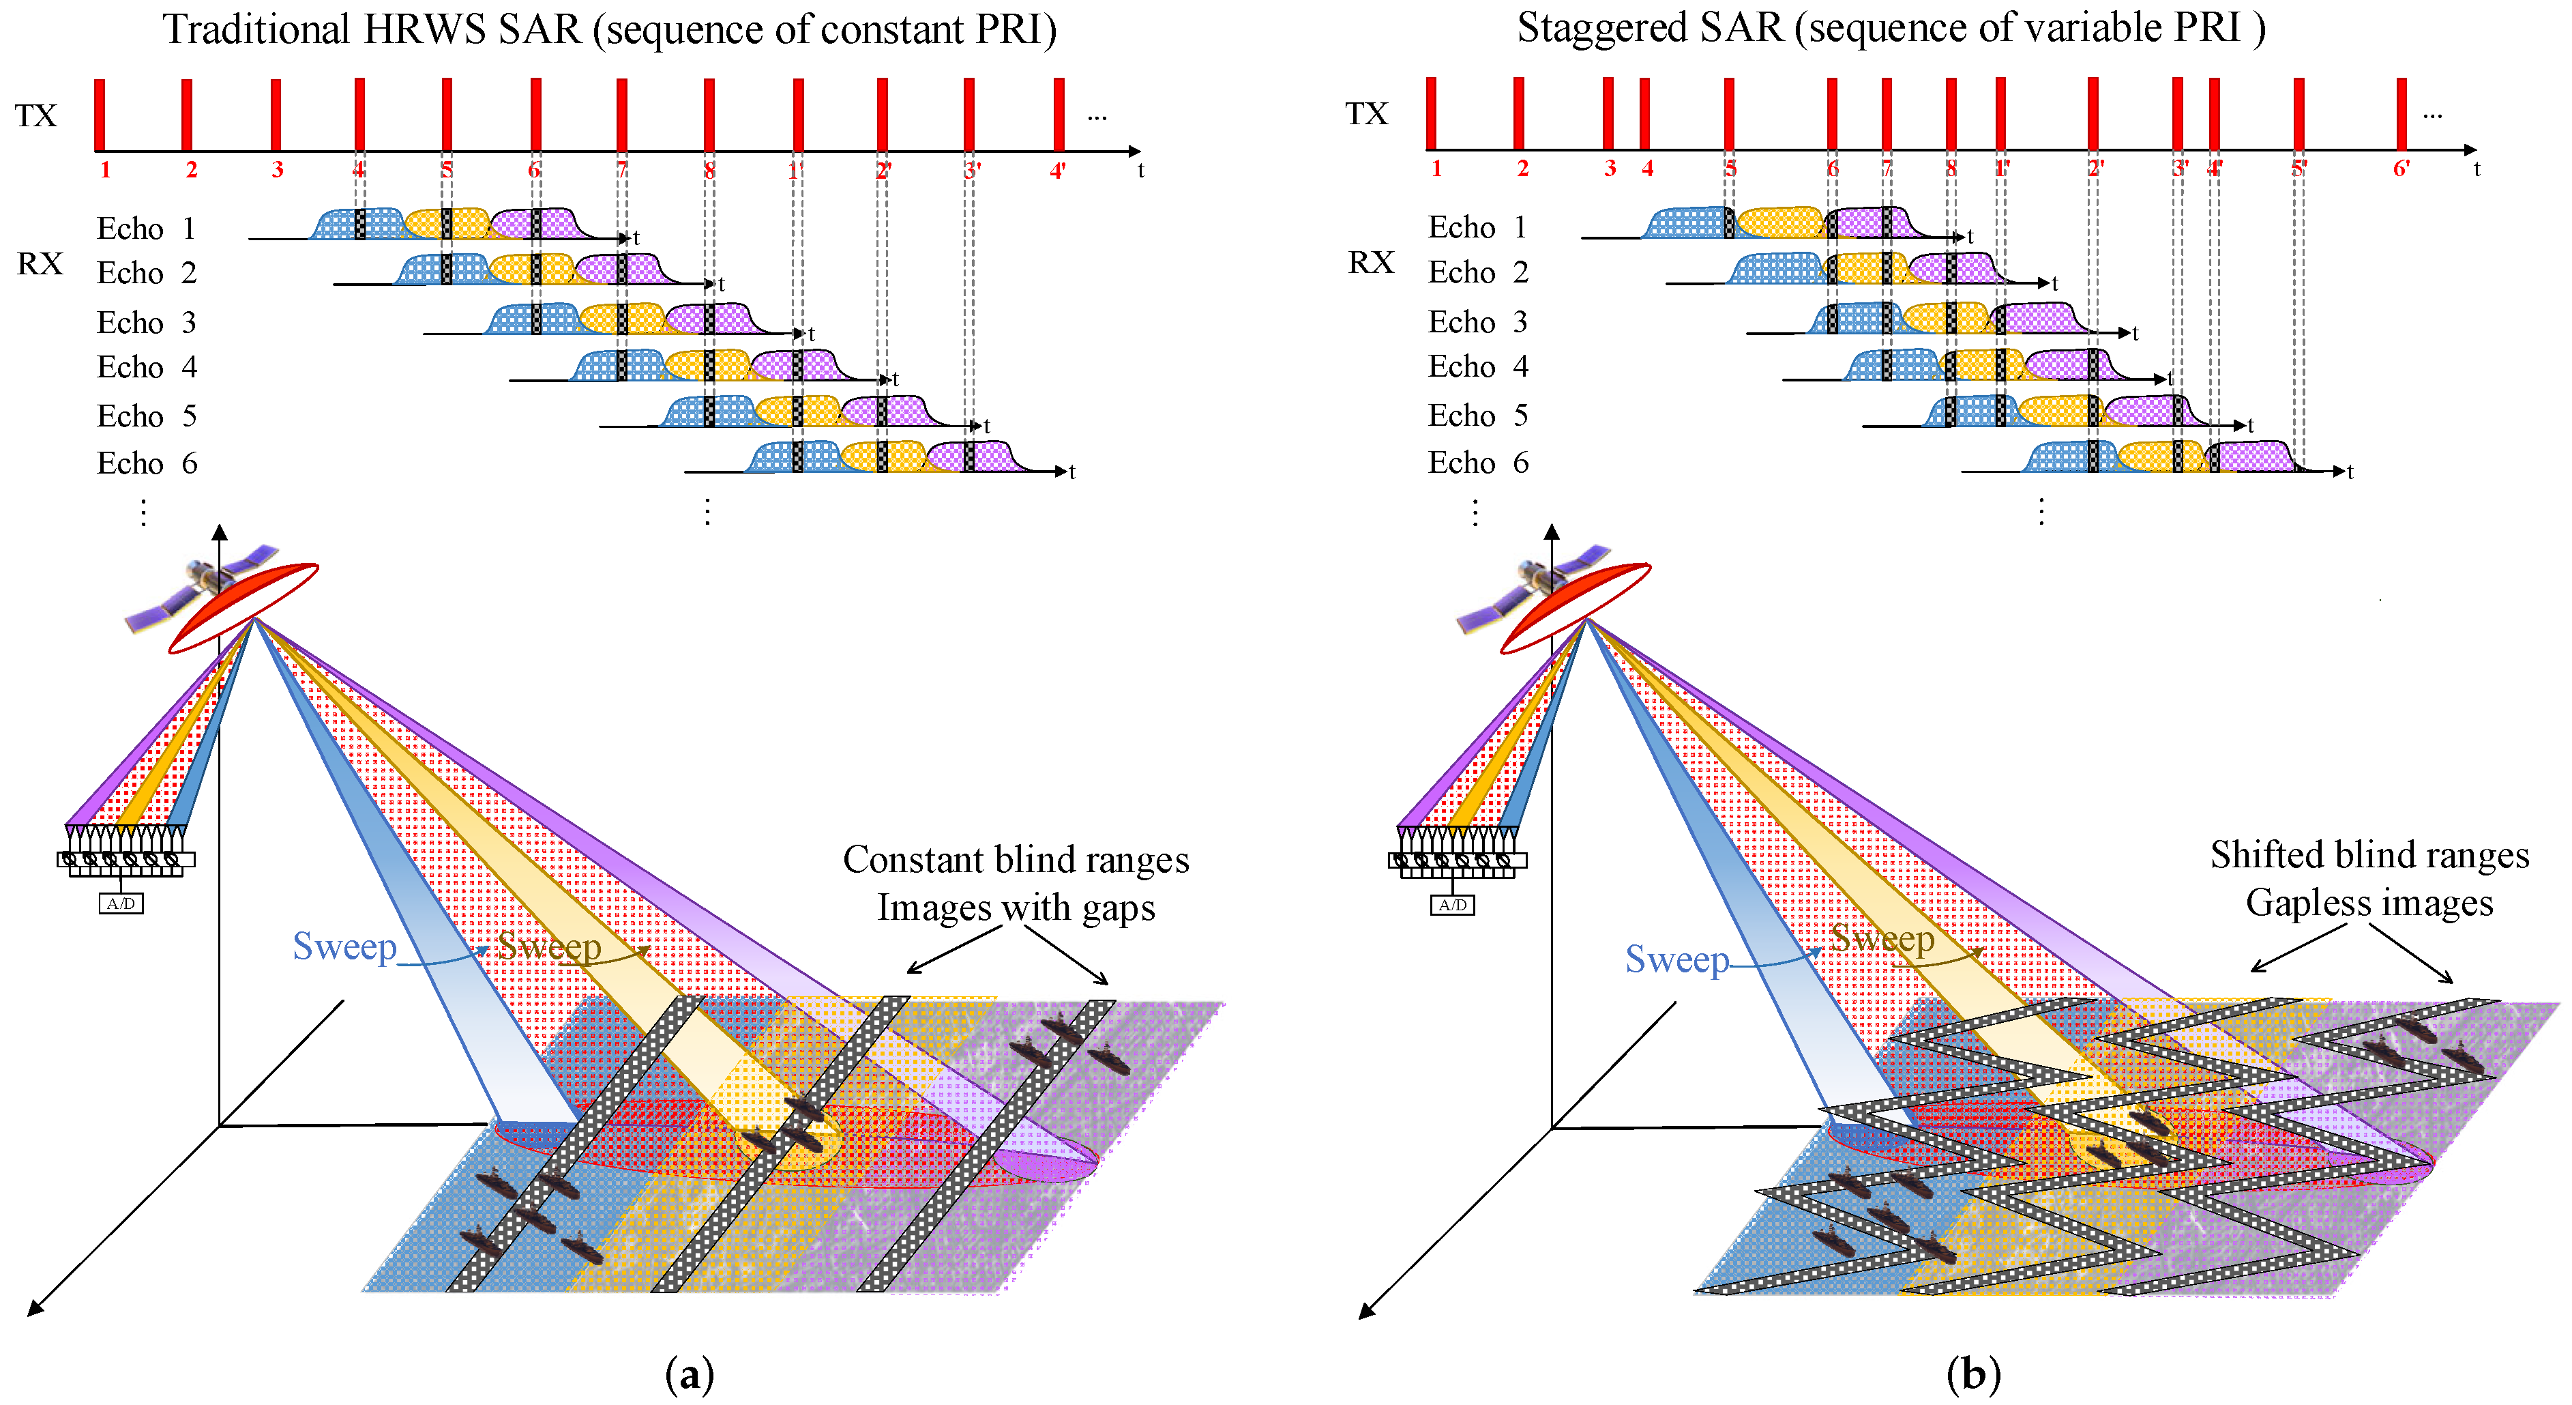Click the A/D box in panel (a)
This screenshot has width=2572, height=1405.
tap(121, 903)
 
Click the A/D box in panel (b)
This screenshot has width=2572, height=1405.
tap(1453, 905)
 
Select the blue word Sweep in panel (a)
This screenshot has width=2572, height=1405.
tap(344, 946)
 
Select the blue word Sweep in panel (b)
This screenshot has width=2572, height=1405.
tap(1676, 959)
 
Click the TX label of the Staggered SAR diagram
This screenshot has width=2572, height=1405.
tap(1366, 114)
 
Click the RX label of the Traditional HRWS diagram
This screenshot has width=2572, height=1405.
tap(40, 263)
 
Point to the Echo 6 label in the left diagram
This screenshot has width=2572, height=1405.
tap(147, 463)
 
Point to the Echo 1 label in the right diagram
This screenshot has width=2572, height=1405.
tap(1478, 228)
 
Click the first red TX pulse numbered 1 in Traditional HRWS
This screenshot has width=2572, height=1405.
tap(100, 115)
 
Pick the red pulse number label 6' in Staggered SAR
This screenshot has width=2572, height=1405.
tap(2401, 169)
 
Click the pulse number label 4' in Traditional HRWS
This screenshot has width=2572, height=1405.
tap(1059, 171)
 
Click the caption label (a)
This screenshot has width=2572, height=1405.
tap(689, 1375)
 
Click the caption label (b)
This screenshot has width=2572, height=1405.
tap(1973, 1375)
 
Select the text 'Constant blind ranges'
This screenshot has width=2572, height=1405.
tap(1016, 860)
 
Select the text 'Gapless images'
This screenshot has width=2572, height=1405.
tap(2369, 903)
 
